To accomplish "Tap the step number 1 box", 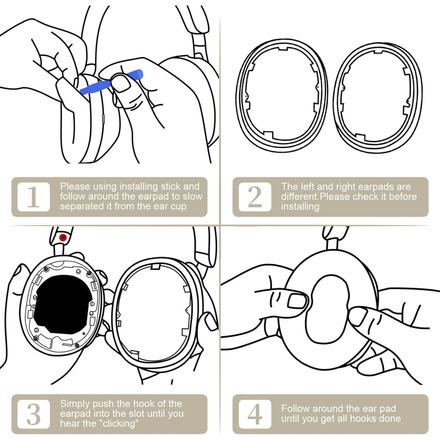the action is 33,197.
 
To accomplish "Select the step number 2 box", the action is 255,197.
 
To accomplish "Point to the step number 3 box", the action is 33,414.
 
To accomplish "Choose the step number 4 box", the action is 255,414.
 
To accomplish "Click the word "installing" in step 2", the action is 300,207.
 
